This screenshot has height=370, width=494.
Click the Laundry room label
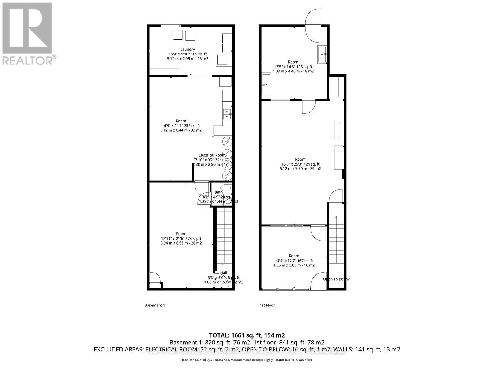pos(187,49)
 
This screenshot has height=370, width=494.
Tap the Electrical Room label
pos(212,155)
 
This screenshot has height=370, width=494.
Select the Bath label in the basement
pos(218,192)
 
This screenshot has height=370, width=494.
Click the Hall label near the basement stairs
pos(224,273)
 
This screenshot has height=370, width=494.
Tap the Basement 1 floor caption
pos(155,305)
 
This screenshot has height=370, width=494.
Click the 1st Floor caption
pos(267,305)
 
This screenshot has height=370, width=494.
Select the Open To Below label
pos(336,279)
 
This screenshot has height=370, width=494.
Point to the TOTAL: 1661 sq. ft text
pos(247,335)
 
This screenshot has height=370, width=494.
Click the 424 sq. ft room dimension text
pos(300,164)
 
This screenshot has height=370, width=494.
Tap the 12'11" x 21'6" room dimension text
pos(181,238)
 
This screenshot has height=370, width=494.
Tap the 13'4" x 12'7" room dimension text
pos(294,261)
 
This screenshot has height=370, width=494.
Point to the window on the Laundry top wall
pos(171,26)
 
